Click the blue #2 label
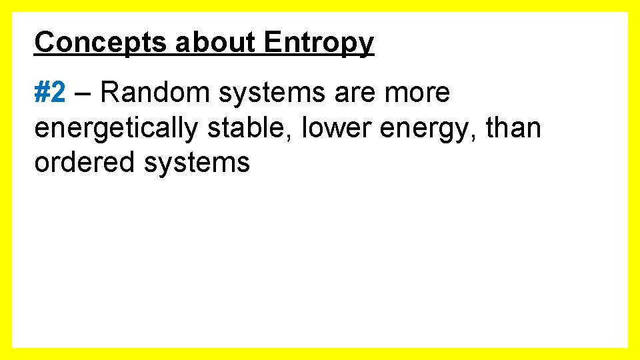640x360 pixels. pos(50,93)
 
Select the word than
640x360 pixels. pos(513,127)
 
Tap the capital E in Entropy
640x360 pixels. pos(272,43)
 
